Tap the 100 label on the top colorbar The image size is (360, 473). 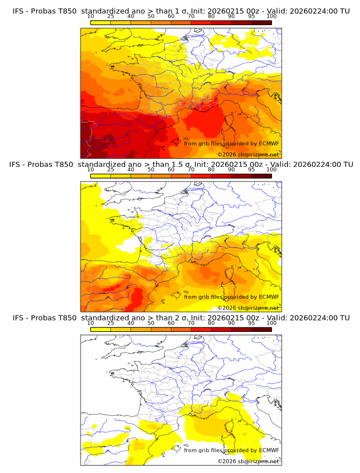tap(271, 16)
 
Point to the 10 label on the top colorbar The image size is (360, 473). tap(90, 16)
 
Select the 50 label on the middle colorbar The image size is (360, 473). tap(150, 170)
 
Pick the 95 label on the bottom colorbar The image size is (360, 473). tap(251, 323)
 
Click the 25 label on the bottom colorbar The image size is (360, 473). tap(110, 323)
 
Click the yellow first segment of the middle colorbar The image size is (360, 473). tap(100, 175)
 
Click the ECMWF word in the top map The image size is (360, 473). tap(269, 143)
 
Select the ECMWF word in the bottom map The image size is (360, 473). tap(269, 450)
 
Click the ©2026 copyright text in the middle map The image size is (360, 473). tap(248, 307)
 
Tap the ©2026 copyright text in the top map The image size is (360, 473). tap(248, 154)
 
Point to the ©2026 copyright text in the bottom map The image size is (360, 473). tap(248, 461)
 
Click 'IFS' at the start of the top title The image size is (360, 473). tap(18, 11)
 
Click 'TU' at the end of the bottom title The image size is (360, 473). tap(345, 318)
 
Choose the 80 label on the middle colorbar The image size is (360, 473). tap(211, 170)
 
